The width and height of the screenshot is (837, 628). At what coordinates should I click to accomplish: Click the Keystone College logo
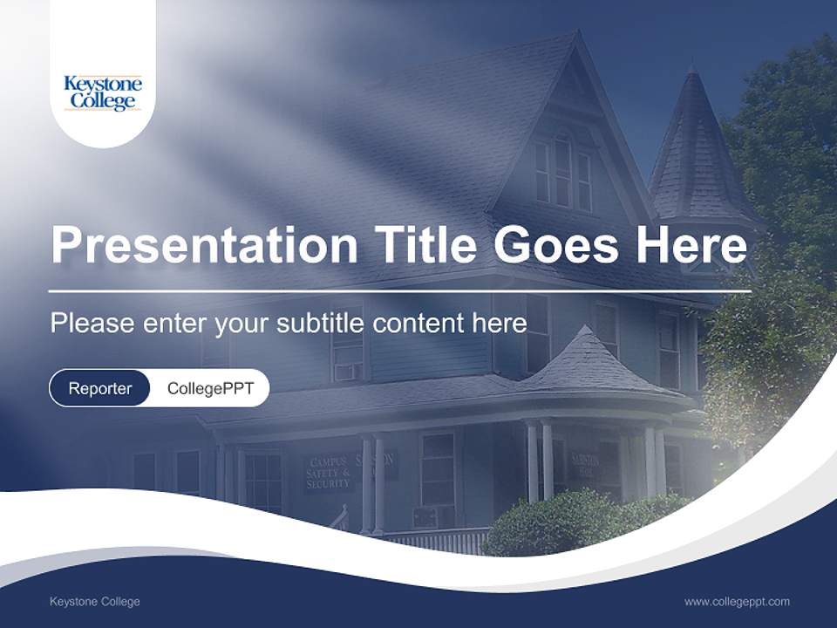103,92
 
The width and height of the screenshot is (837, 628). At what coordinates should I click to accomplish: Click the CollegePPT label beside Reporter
210,388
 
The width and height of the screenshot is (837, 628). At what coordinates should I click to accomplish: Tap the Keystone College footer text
94,602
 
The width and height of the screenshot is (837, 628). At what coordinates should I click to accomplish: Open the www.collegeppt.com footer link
737,602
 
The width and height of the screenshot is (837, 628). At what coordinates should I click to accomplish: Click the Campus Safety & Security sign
327,473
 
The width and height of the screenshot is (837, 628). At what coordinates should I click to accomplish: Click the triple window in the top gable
562,173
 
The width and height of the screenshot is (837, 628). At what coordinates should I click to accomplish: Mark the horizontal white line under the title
399,290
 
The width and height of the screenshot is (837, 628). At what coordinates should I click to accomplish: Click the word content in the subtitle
418,323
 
